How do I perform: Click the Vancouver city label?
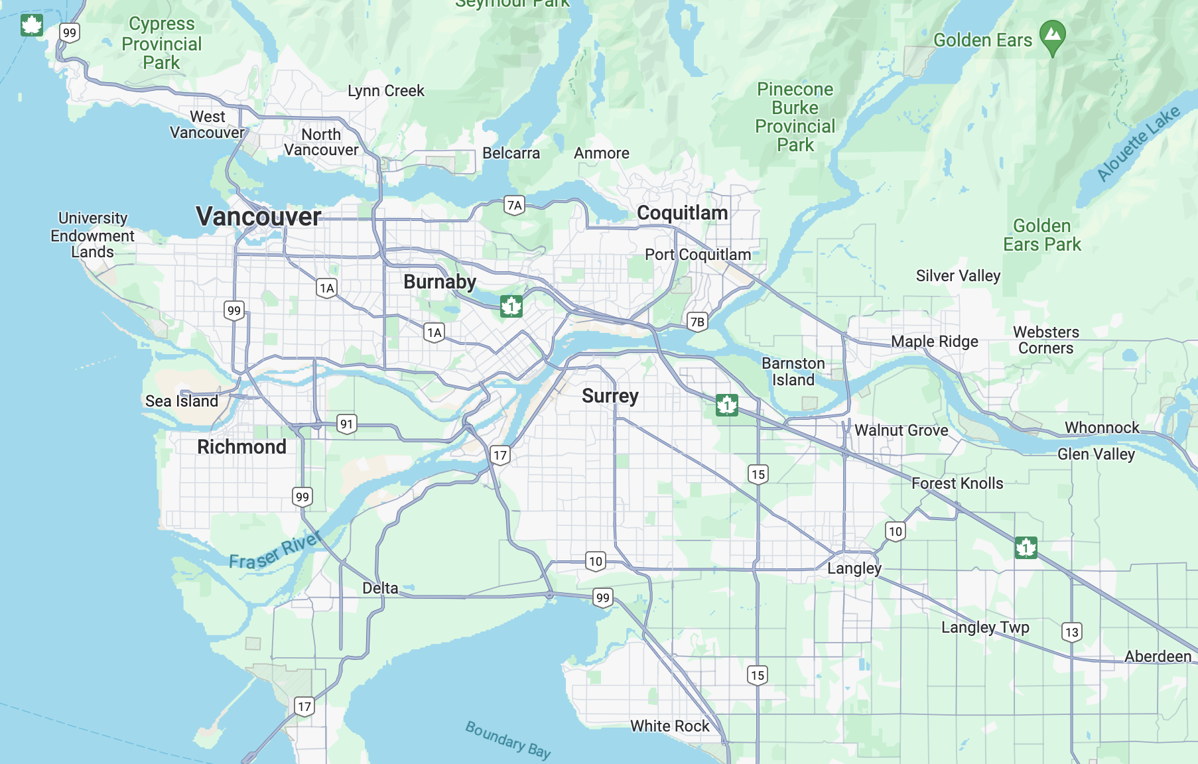pos(259,216)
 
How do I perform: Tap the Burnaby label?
pos(439,282)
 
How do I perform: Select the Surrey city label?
pos(610,396)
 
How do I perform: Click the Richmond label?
pos(241,446)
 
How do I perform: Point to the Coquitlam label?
pos(682,213)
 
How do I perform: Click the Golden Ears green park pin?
pos(1052,36)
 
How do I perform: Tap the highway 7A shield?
pos(514,205)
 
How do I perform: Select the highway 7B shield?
pos(697,322)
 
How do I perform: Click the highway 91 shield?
pos(346,424)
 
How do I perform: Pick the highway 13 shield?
pos(1071,632)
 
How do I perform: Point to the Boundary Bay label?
pos(507,739)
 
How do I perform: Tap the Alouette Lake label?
pos(1138,143)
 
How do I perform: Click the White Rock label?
pos(669,726)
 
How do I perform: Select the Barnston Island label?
pos(793,371)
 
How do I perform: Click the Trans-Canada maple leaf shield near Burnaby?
pos(511,306)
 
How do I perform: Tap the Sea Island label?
pos(181,401)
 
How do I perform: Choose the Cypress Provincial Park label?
pos(162,43)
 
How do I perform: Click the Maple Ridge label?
pos(934,342)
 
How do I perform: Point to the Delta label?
pos(380,588)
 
